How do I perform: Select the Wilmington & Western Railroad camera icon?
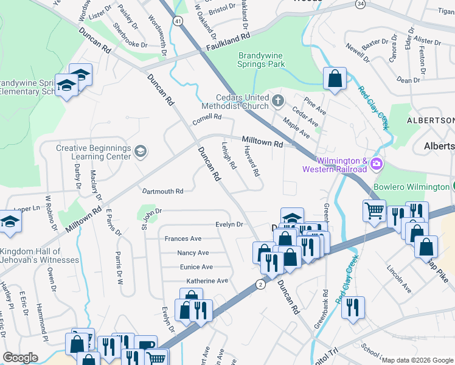377,164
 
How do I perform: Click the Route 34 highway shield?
361,4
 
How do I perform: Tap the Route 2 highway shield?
260,283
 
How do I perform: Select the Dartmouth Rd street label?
162,191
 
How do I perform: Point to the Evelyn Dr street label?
229,224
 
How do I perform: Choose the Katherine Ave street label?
207,280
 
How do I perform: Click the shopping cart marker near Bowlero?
374,210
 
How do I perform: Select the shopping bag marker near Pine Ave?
335,78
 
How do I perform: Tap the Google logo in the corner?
20,358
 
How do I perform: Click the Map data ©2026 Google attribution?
417,360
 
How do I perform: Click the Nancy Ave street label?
193,252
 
